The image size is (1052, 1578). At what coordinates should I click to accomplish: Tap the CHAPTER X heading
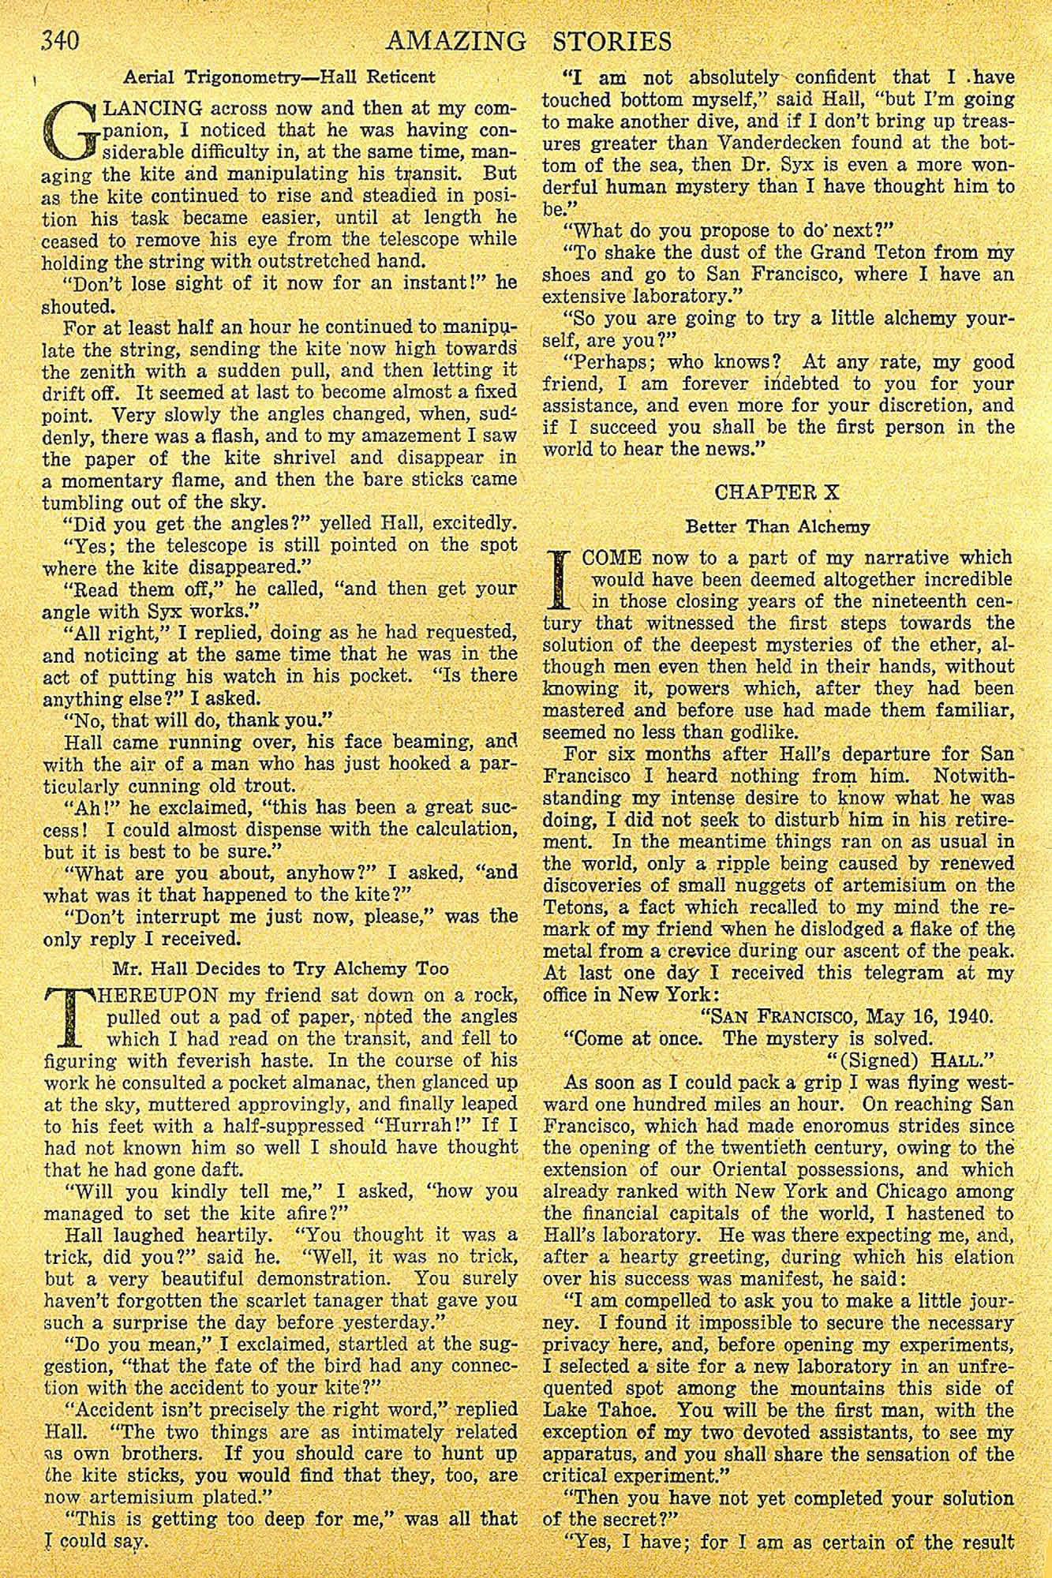pyautogui.click(x=777, y=492)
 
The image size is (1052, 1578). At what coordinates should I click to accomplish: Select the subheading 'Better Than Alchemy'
pyautogui.click(x=777, y=526)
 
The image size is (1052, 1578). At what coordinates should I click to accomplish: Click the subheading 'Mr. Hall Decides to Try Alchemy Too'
pyautogui.click(x=280, y=969)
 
